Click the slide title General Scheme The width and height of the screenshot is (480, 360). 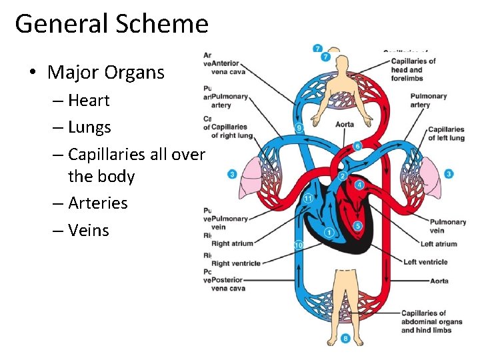pos(111,24)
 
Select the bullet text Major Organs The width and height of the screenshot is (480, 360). pos(106,72)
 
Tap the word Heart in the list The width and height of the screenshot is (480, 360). pos(89,101)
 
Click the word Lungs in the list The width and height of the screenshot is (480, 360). pos(89,127)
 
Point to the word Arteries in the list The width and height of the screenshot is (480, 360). pos(97,203)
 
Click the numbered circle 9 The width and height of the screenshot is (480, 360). pos(299,127)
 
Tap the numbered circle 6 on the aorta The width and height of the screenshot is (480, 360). pos(358,146)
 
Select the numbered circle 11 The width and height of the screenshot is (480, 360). pos(307,199)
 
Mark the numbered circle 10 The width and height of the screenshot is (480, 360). pos(299,245)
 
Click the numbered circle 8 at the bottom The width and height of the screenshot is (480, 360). pos(345,339)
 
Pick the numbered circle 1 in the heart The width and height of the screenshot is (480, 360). pos(329,232)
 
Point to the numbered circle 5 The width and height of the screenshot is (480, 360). pos(358,226)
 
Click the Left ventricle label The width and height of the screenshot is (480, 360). pos(425,262)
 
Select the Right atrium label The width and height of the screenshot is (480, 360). pos(232,244)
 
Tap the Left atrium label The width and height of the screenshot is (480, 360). pos(439,244)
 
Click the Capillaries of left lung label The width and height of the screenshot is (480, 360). pos(446,134)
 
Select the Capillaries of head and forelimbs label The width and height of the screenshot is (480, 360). pos(413,69)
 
